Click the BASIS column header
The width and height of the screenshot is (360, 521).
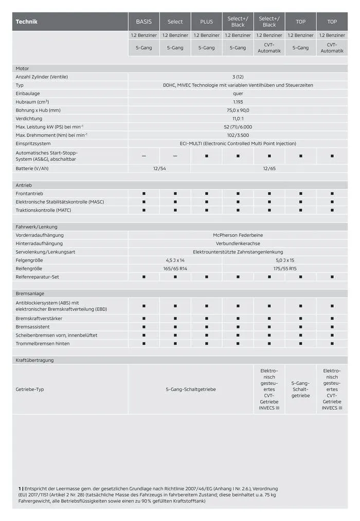pos(143,22)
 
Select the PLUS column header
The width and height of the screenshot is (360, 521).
pos(206,22)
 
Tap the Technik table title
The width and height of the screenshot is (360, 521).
pos(27,22)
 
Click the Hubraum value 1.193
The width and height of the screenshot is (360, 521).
pos(238,102)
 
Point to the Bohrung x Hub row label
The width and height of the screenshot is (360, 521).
pos(38,110)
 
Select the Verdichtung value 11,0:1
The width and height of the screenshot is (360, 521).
pos(238,118)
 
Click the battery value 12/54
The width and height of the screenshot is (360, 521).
pos(159,169)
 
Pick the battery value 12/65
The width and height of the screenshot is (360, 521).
pos(269,169)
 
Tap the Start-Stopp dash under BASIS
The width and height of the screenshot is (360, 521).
pos(143,156)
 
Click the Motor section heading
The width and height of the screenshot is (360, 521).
pos(23,68)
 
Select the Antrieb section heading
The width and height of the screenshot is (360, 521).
pos(24,185)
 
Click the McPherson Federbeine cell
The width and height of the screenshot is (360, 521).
pos(238,235)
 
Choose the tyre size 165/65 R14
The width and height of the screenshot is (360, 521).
pos(175,268)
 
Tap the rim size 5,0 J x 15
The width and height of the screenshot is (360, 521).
pos(284,260)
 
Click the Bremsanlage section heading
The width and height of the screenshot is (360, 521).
pos(29,293)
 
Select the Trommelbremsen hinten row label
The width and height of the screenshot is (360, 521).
pos(43,343)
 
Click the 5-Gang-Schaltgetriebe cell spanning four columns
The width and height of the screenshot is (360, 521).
pos(190,389)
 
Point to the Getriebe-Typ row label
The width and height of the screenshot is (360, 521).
pos(30,389)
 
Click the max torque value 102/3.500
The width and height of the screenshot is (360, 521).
pos(238,135)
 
